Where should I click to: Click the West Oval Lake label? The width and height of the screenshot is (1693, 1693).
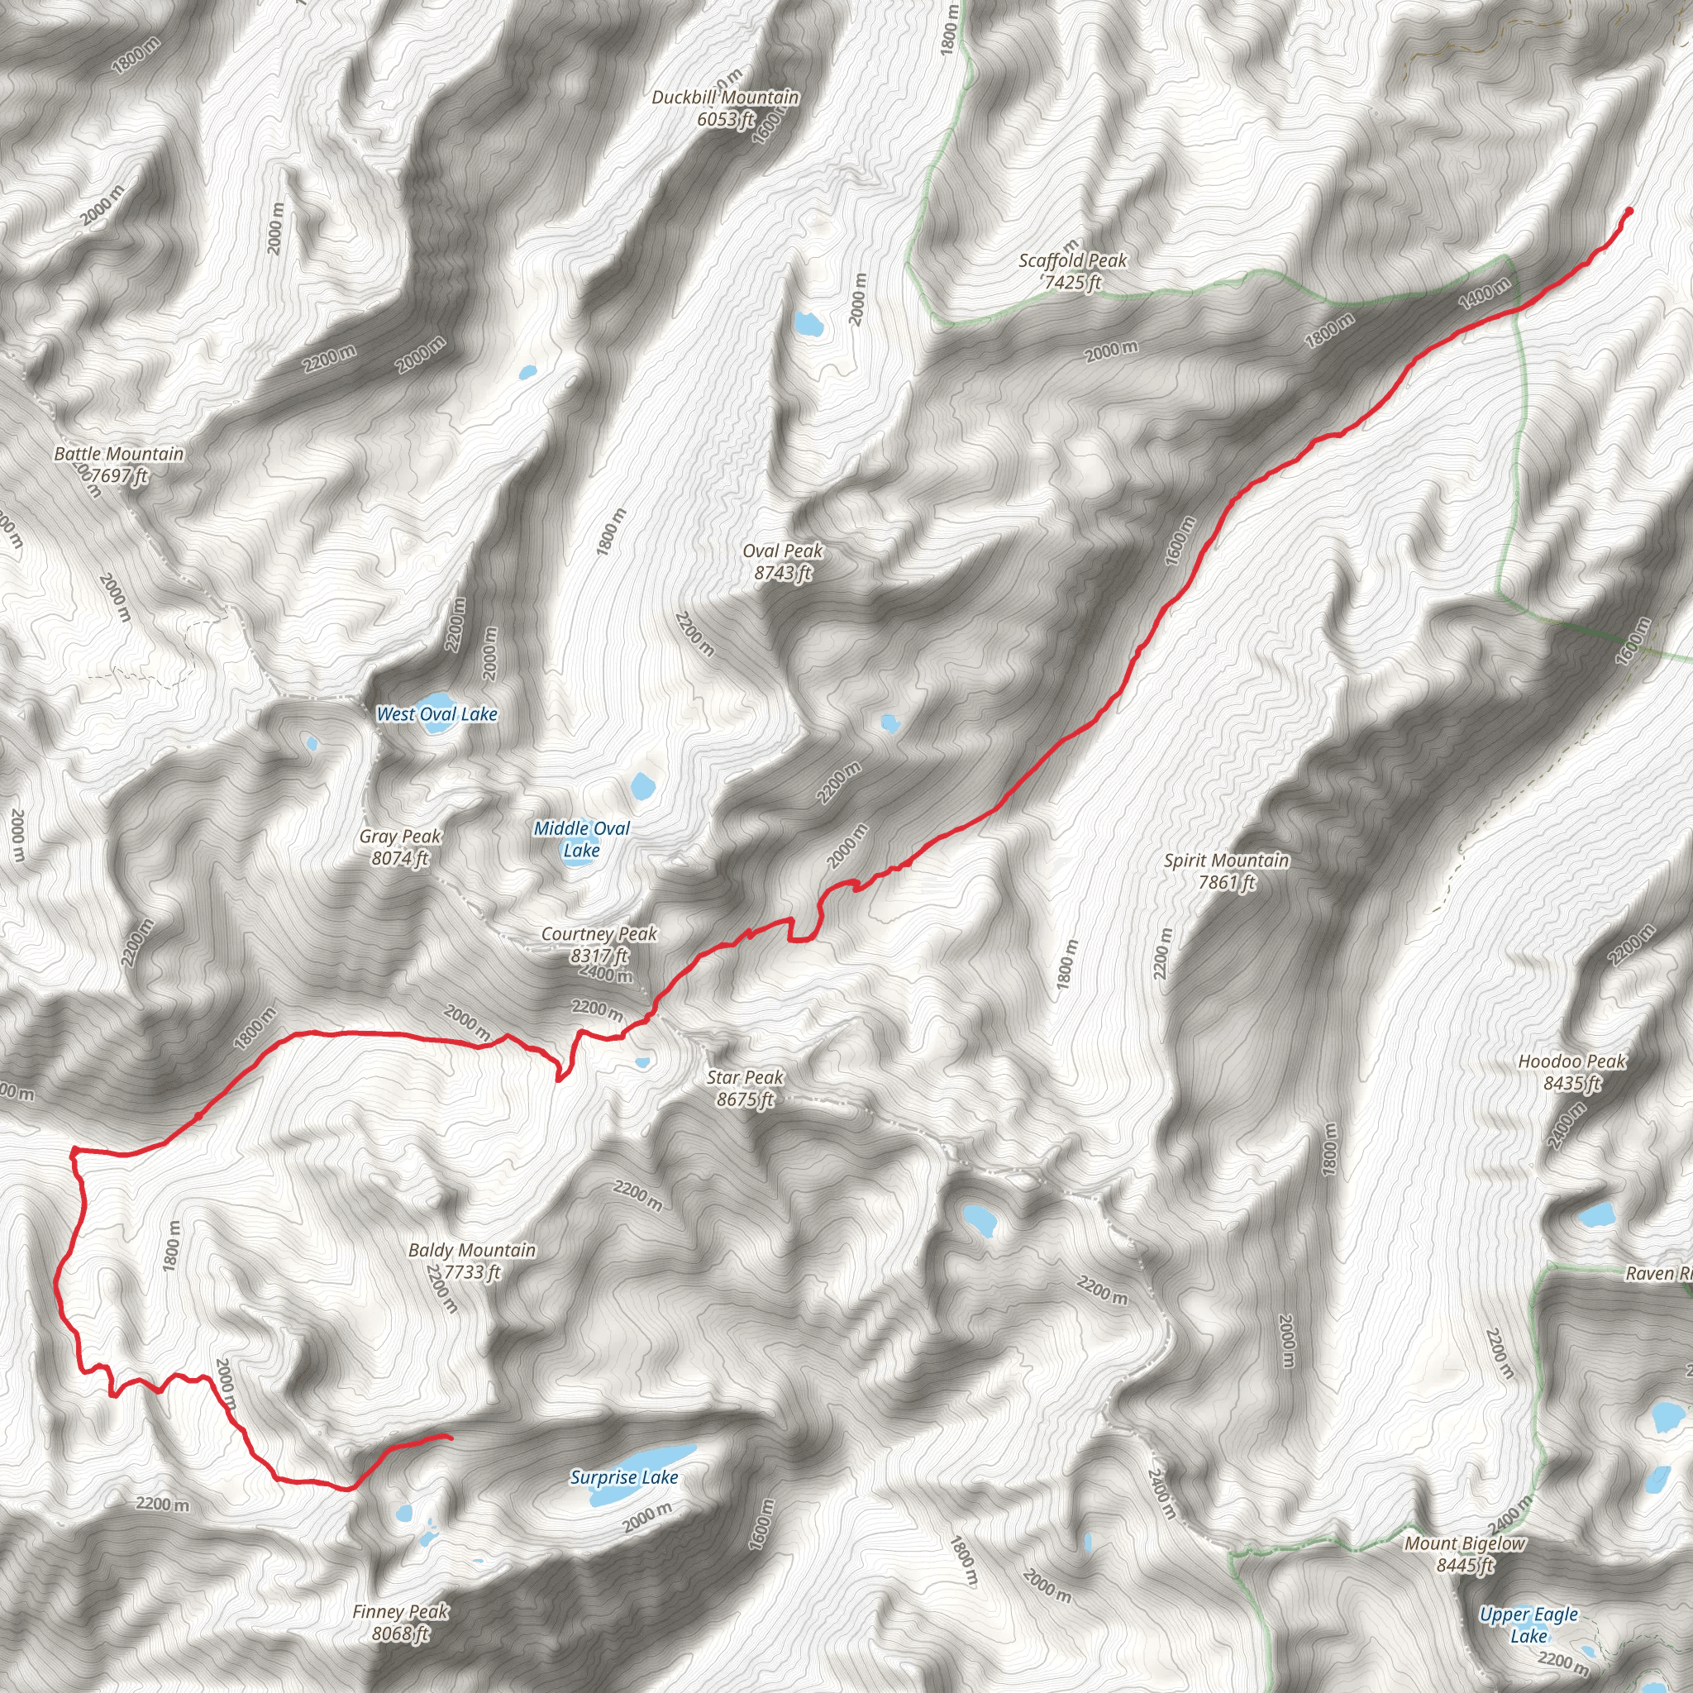pyautogui.click(x=436, y=714)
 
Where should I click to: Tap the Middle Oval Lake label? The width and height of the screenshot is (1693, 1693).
pyautogui.click(x=582, y=838)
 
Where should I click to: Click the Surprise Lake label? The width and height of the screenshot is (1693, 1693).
pyautogui.click(x=624, y=1476)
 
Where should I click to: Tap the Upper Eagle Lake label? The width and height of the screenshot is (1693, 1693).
pyautogui.click(x=1528, y=1624)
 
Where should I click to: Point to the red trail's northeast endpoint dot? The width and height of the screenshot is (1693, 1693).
pyautogui.click(x=1629, y=210)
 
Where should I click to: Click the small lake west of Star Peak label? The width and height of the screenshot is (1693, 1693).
pyautogui.click(x=642, y=1062)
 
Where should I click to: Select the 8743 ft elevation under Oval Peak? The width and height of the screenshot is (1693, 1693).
pyautogui.click(x=783, y=573)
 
